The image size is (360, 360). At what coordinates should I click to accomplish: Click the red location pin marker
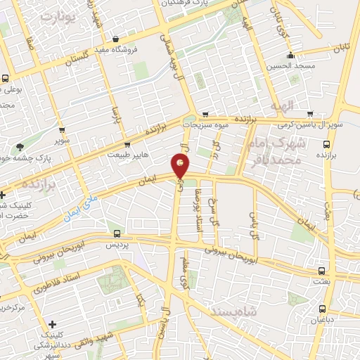[x=181, y=166]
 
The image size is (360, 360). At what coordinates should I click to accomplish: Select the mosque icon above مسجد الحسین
[x=289, y=56]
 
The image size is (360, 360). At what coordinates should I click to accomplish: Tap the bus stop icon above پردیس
[x=117, y=234]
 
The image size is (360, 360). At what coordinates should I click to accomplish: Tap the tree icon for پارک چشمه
[x=19, y=148]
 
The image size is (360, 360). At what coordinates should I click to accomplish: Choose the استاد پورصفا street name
[x=199, y=208]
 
